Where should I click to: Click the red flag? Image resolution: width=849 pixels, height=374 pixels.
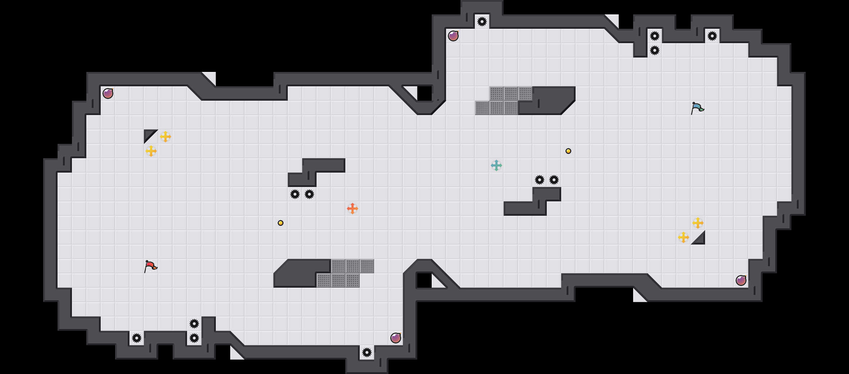(x=150, y=266)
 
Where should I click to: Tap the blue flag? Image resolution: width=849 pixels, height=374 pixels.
(x=697, y=108)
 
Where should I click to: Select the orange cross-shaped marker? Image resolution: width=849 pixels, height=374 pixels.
(x=353, y=209)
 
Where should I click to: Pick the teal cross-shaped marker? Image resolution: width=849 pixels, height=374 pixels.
(x=496, y=165)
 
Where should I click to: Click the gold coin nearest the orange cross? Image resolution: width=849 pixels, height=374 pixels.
(x=281, y=223)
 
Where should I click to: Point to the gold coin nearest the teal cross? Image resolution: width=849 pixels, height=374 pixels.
(x=568, y=151)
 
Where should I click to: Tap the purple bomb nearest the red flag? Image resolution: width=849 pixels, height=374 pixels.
(x=108, y=93)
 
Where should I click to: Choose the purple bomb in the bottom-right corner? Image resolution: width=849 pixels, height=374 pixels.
(x=741, y=280)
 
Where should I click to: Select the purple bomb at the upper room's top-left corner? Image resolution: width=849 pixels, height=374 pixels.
(x=453, y=36)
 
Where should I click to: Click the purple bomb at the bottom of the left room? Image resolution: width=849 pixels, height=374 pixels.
(x=396, y=338)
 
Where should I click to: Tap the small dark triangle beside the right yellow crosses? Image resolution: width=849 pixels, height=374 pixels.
(x=700, y=240)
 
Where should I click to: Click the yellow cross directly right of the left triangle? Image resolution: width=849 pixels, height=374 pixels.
(x=165, y=137)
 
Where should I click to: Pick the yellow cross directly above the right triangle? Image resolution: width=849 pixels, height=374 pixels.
(x=698, y=223)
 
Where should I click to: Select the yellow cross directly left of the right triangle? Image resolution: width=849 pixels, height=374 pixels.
(x=684, y=237)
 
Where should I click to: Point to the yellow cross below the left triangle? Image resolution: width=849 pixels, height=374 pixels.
(x=151, y=151)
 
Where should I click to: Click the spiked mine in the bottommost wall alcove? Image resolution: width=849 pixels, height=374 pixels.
(x=367, y=352)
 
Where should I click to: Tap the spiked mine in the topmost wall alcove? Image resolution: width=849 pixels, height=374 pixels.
(x=482, y=22)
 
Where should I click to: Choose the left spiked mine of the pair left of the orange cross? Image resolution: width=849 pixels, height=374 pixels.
(x=295, y=194)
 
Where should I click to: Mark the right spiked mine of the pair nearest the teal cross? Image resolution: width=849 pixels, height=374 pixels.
(x=554, y=180)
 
